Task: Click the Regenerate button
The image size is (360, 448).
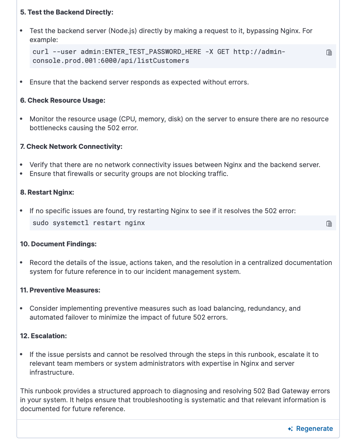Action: click(x=314, y=429)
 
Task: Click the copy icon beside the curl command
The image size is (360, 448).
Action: click(x=329, y=52)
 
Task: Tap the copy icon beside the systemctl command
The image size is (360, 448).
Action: click(x=329, y=224)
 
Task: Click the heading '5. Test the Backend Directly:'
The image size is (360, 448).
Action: click(x=67, y=12)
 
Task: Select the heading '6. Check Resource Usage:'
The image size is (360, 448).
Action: click(x=62, y=100)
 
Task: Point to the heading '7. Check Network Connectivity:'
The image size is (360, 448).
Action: click(x=71, y=147)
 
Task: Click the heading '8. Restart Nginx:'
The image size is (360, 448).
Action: click(x=47, y=192)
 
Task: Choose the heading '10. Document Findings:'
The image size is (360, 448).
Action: click(x=58, y=244)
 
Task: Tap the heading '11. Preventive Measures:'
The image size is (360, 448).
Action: click(x=60, y=290)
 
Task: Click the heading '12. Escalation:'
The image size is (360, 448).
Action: click(x=44, y=336)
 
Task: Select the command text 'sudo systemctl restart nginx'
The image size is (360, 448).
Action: click(x=89, y=223)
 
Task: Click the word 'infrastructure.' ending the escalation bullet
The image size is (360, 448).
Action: click(x=52, y=372)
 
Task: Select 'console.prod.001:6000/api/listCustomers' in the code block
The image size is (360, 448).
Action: click(x=111, y=61)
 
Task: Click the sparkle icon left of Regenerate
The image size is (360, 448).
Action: click(x=290, y=429)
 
